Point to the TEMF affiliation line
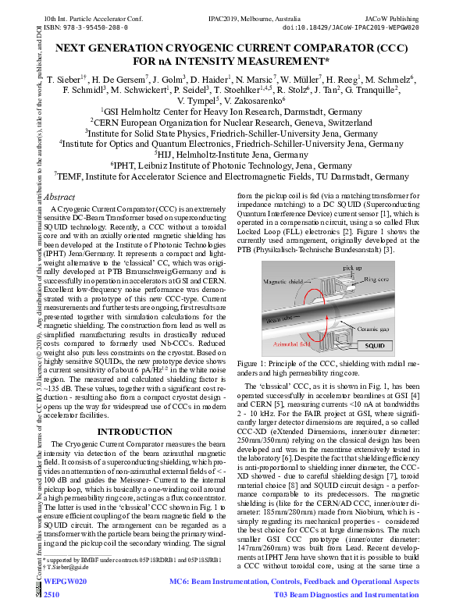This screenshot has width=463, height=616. coord(232,176)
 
